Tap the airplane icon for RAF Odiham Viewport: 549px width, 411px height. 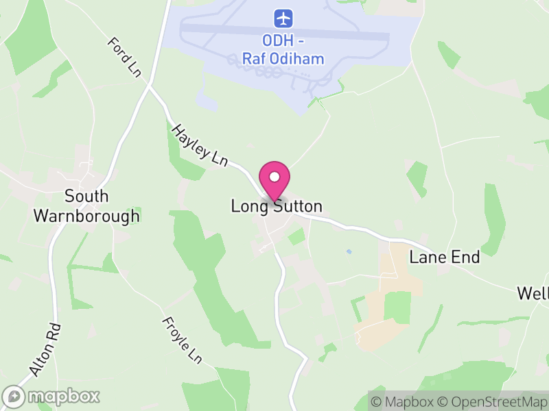pyautogui.click(x=283, y=18)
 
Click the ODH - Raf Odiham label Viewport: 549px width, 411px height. pyautogui.click(x=283, y=50)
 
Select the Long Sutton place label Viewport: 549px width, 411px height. pyautogui.click(x=277, y=206)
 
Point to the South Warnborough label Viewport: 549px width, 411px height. pyautogui.click(x=86, y=206)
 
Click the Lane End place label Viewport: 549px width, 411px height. pyautogui.click(x=444, y=258)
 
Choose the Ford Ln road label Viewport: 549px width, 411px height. pyautogui.click(x=124, y=56)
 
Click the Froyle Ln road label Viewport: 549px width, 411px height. pyautogui.click(x=182, y=340)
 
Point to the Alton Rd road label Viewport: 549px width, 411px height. pyautogui.click(x=45, y=349)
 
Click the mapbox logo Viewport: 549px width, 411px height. pyautogui.click(x=51, y=396)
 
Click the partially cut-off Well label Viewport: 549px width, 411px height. pyautogui.click(x=533, y=294)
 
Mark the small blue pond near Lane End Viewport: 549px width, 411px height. pyautogui.click(x=349, y=251)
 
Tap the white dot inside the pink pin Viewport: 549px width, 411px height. pyautogui.click(x=274, y=177)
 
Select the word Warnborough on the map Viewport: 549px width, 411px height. pyautogui.click(x=86, y=216)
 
